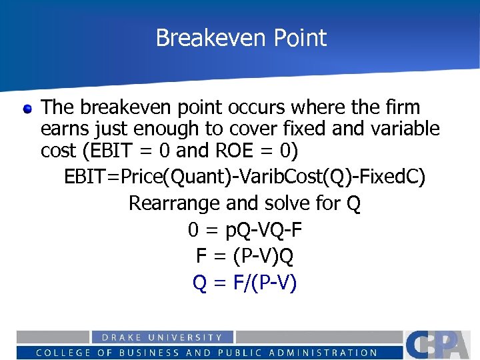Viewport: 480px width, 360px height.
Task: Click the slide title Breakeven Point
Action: click(241, 38)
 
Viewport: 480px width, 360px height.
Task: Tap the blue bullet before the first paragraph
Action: click(27, 108)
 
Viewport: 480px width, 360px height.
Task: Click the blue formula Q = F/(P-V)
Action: click(245, 283)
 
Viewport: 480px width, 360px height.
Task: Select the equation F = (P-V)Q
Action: click(245, 256)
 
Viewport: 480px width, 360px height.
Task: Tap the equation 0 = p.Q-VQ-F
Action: click(245, 230)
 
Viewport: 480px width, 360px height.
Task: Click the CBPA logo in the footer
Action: click(440, 344)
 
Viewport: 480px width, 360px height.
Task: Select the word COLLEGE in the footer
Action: click(60, 353)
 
